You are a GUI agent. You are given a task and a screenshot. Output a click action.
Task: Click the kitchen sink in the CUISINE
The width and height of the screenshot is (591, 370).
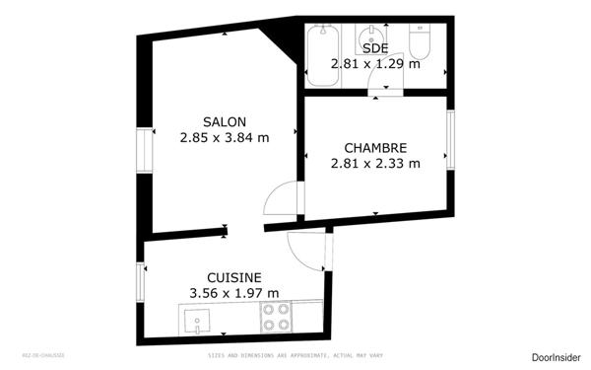coord(199,319)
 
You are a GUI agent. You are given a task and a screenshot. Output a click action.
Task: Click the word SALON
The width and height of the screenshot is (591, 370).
coord(225,121)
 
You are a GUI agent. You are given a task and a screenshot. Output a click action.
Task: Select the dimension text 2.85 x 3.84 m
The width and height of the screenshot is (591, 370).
coord(225,138)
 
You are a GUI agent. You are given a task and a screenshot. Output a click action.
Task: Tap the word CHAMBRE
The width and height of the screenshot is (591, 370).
coord(375,147)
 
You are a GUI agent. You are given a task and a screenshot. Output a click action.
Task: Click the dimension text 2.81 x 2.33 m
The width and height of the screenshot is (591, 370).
coord(375,164)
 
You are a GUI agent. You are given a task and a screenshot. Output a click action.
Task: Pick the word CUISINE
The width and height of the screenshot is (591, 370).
coord(233,277)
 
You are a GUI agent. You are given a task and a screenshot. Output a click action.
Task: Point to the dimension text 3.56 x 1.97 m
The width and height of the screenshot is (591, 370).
coord(233,293)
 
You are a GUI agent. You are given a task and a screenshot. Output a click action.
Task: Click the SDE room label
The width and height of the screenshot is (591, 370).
coord(375,47)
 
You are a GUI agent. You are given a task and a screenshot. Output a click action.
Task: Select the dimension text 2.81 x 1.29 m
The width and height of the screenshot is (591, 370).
coord(375,63)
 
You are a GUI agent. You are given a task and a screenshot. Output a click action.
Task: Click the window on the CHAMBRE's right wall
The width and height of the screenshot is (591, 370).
coord(450,139)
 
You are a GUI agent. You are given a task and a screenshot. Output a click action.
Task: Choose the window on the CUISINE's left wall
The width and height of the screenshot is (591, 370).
coord(140,282)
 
